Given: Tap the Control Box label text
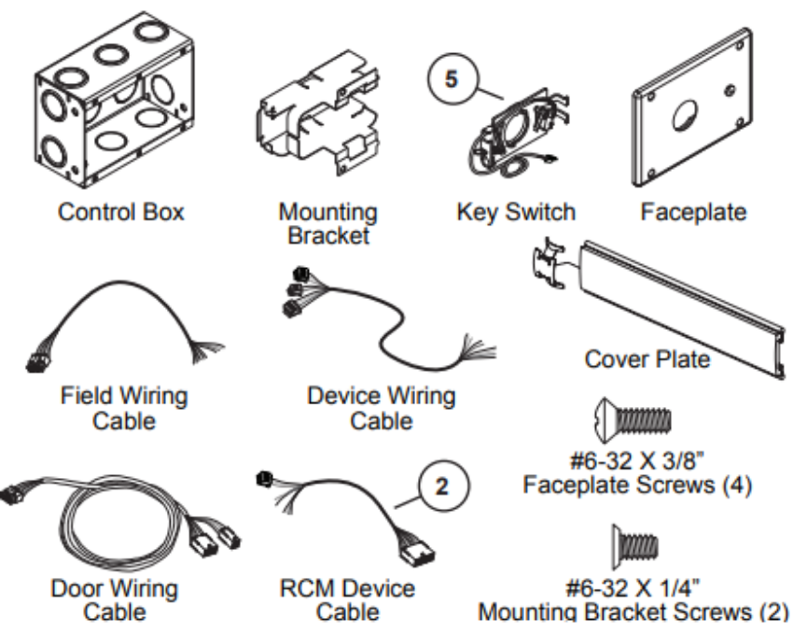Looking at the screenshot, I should click(x=121, y=213).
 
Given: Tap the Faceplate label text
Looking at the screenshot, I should click(x=693, y=213).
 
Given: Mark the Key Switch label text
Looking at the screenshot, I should click(x=516, y=213).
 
